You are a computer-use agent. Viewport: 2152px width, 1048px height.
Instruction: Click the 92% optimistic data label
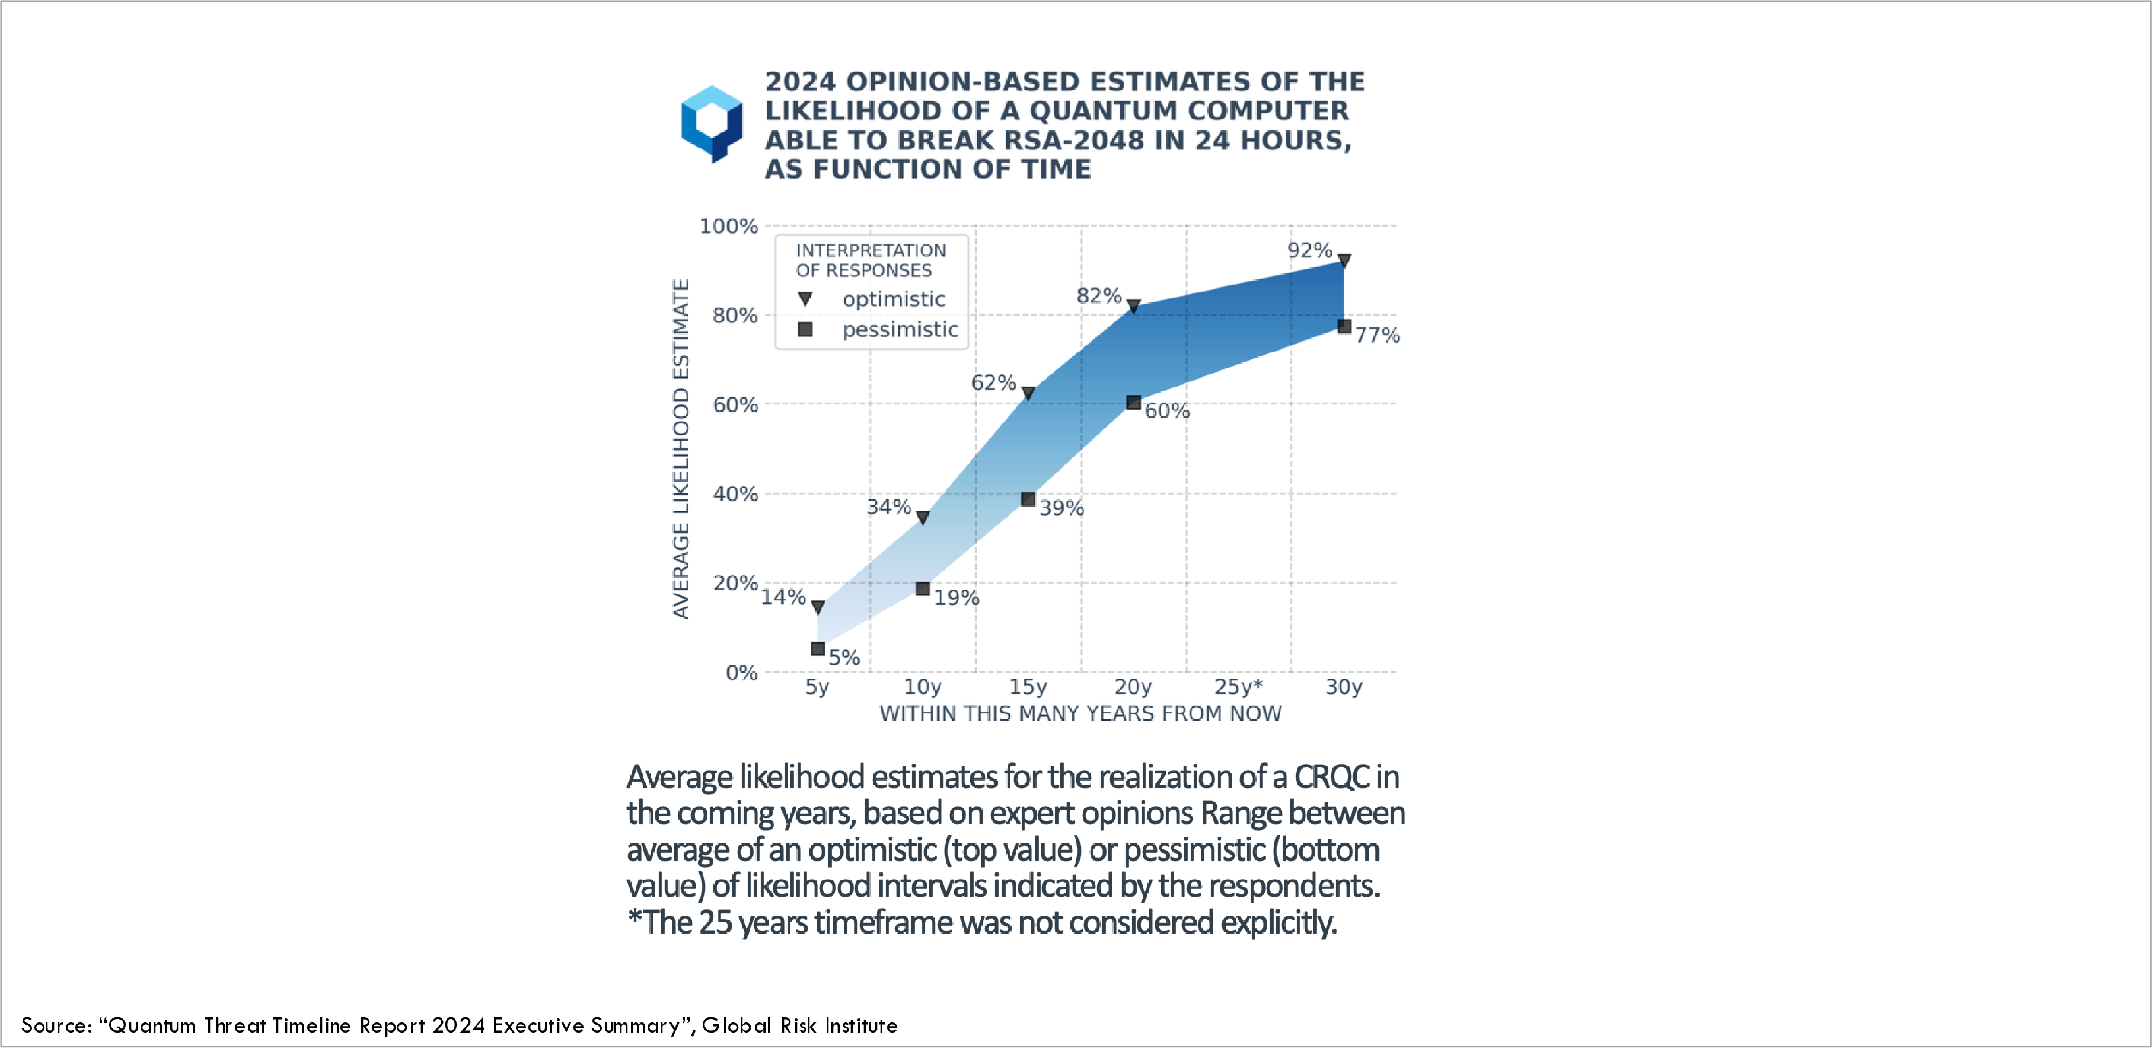[1309, 250]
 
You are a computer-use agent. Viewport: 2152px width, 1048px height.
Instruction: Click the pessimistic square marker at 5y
[818, 648]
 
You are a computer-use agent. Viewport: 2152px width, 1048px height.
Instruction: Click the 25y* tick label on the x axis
[1239, 687]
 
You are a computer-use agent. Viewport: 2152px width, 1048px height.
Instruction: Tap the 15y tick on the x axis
[1028, 687]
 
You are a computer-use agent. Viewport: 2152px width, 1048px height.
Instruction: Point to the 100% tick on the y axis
[728, 227]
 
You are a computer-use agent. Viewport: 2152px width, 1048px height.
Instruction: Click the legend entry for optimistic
[893, 299]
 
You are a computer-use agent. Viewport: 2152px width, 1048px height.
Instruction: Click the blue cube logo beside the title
[712, 124]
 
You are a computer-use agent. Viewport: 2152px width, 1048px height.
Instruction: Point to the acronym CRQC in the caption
[1332, 777]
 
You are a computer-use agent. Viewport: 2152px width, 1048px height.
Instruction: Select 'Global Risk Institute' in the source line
[799, 1025]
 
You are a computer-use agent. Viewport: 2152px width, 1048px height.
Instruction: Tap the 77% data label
[1378, 335]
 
